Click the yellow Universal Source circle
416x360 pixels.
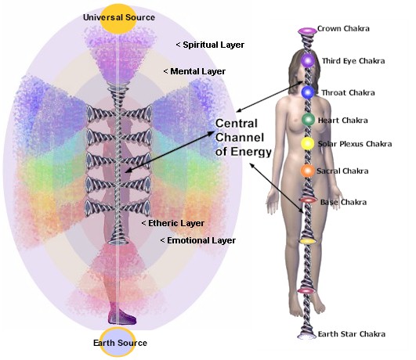118,18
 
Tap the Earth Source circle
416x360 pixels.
118,342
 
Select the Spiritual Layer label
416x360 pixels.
211,45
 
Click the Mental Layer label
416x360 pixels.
194,71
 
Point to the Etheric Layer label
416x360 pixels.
173,223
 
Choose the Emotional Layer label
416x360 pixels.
198,240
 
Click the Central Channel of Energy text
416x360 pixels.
244,138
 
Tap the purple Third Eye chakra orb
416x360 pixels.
307,60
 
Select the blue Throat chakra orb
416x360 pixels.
308,92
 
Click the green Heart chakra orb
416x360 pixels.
308,120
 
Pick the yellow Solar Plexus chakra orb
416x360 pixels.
307,144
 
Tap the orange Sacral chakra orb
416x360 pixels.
307,171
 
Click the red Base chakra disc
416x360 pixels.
308,200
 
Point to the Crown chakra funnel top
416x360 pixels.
307,31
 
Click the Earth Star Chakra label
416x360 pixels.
352,334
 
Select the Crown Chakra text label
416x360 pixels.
343,29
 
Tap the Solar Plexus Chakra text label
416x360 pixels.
355,144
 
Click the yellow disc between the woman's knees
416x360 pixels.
308,241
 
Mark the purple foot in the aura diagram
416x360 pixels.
122,316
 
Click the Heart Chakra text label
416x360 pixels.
343,121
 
